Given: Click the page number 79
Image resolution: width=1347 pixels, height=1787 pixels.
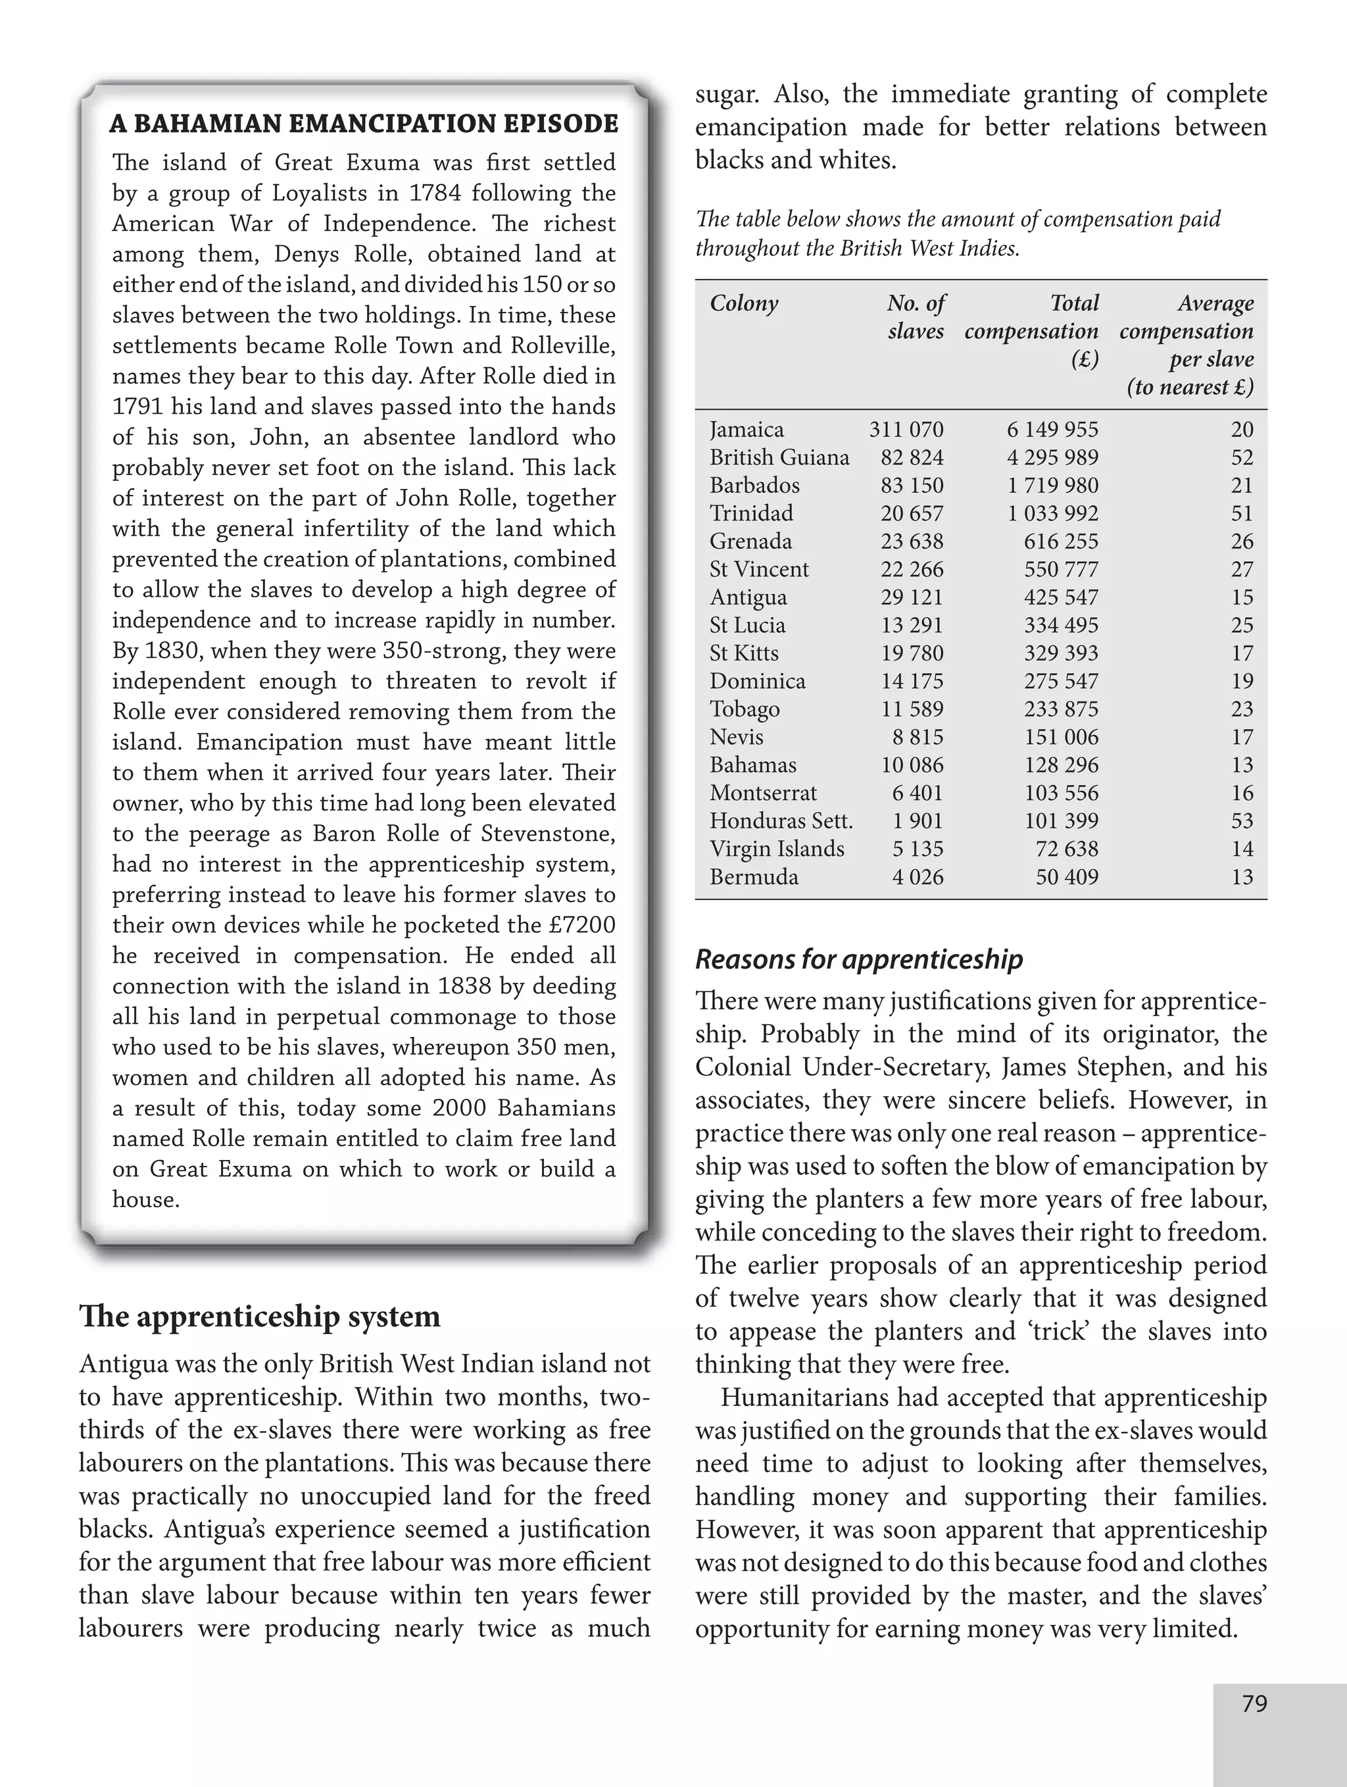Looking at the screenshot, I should coord(1254,1704).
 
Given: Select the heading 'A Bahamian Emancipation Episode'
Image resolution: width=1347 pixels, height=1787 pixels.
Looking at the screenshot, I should coord(364,124).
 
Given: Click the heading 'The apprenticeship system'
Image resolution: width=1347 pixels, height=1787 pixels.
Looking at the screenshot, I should coord(259,1316).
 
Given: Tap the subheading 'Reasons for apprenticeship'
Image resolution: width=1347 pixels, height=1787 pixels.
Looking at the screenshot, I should coord(858,959).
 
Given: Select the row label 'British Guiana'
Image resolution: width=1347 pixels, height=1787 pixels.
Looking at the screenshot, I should coord(779,457).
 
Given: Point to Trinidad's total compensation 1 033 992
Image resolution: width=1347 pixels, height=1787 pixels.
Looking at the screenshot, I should coord(1052,513).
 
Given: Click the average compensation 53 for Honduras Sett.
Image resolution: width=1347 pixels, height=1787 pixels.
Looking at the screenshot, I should coord(1241,820).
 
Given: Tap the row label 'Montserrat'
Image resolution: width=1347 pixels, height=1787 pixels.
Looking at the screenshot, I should coord(762,793).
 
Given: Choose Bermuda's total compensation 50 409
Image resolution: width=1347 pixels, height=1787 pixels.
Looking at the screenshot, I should coord(1066,876).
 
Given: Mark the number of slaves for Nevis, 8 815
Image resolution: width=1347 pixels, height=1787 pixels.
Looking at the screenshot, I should coord(917,737).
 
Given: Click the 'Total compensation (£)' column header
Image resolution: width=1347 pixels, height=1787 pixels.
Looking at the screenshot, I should coord(1031,330).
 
